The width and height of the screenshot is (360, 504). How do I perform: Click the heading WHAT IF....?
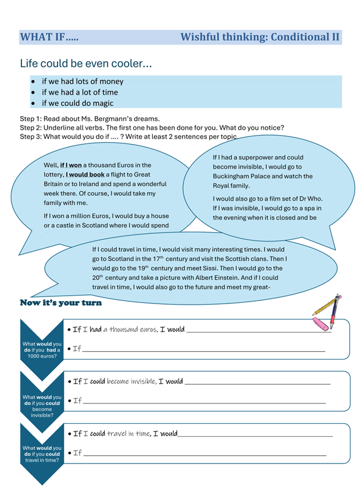click(49, 37)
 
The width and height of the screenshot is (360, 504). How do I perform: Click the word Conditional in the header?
click(298, 37)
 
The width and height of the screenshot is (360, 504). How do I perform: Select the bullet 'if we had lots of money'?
click(82, 81)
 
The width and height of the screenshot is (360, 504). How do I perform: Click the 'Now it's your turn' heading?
click(61, 303)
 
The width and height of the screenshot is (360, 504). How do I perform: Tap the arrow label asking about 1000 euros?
click(41, 349)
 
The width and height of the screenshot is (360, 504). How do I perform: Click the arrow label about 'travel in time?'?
click(41, 454)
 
